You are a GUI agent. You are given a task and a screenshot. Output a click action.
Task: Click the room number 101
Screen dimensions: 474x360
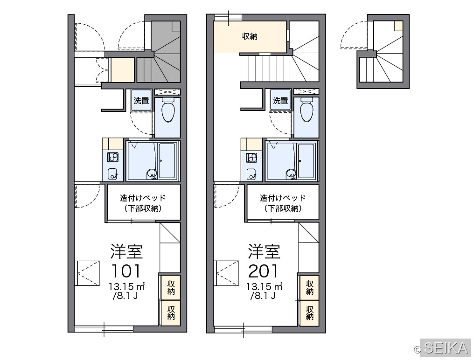point(126,271)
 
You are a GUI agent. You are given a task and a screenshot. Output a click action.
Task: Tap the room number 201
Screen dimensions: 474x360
point(263,271)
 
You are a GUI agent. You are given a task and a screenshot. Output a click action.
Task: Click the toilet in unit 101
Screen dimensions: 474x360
point(168,110)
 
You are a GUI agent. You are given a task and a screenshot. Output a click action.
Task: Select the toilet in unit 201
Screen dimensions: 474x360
point(307,110)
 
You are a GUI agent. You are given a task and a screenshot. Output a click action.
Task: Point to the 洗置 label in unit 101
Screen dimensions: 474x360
point(141,101)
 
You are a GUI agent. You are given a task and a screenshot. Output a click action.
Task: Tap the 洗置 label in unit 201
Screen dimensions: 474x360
point(280,101)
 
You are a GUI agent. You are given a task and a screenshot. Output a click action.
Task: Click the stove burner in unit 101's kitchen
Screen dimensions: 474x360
point(113,157)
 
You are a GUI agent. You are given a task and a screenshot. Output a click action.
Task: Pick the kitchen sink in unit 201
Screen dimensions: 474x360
point(251,174)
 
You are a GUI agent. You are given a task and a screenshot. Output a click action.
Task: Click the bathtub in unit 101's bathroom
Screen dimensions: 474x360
point(167,160)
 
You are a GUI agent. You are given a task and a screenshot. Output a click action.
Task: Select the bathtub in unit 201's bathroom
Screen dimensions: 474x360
point(306,160)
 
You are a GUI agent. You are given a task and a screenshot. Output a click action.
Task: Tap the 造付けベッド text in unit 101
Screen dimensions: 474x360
point(143,198)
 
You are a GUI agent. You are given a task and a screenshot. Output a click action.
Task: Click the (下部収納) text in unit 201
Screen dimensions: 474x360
point(283,208)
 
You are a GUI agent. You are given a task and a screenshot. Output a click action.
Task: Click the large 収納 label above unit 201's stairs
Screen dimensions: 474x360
point(250,36)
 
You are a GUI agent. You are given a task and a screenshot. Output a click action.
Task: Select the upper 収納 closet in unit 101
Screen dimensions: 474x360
point(170,287)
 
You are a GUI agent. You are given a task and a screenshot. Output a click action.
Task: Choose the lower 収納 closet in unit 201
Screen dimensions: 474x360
point(309,313)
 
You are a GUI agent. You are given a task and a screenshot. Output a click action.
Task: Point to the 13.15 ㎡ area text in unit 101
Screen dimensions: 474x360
point(126,286)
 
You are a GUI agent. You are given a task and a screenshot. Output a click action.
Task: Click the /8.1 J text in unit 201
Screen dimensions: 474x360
point(263,296)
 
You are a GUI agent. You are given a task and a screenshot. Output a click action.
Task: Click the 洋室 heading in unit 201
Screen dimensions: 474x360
point(264,251)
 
